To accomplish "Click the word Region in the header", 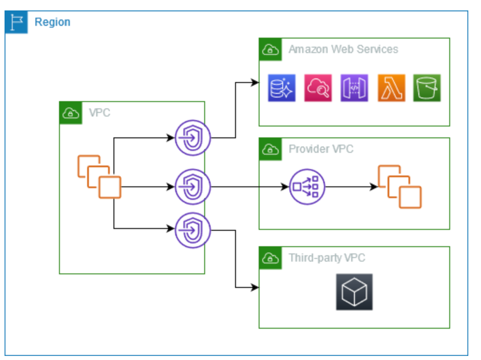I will pos(53,22).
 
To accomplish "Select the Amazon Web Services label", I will pos(343,49).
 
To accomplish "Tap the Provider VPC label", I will pos(321,149).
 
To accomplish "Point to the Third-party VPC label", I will pos(327,258).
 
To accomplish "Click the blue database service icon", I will pos(281,88).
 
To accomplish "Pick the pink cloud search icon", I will pos(318,88).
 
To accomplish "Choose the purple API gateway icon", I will pos(354,88).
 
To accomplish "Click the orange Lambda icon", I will pos(391,88).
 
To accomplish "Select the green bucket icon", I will pos(427,88).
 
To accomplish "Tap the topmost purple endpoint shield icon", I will pos(193,137).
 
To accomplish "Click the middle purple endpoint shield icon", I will pos(193,186).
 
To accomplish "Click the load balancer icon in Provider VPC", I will pos(307,186).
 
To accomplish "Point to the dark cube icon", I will pos(354,292).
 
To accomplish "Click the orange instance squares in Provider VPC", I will pos(399,186).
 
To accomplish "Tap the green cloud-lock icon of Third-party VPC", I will pos(270,258).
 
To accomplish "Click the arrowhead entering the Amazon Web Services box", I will pos(255,83).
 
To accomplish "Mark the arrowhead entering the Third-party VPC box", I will pos(255,287).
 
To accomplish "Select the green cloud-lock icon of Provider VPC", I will pos(270,149).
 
